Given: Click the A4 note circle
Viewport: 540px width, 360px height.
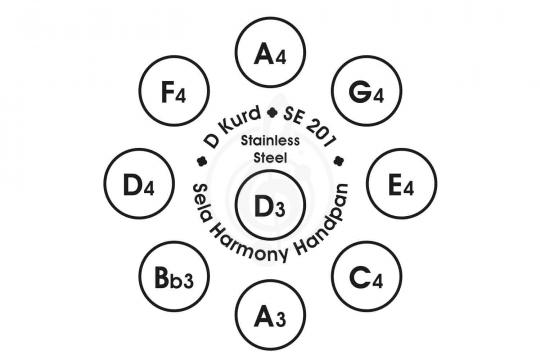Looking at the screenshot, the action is click(271, 52).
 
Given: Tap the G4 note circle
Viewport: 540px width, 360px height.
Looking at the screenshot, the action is click(367, 91).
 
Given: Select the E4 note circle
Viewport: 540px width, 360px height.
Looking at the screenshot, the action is click(402, 184).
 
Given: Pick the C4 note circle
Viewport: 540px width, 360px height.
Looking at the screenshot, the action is click(367, 276).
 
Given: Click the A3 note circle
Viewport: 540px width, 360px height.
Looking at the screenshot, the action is click(271, 315).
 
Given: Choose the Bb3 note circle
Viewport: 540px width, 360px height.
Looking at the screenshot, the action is click(174, 276).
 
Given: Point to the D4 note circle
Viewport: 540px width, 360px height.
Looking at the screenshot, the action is click(139, 184).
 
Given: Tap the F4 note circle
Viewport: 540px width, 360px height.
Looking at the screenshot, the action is click(174, 91).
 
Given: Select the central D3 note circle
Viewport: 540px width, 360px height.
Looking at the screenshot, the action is click(271, 205).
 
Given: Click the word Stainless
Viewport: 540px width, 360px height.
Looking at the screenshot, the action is click(270, 141).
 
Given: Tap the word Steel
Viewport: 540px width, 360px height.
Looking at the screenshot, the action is click(270, 158).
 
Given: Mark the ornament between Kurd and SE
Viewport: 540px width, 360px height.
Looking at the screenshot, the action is click(273, 112).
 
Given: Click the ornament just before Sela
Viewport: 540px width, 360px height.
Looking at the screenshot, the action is click(201, 161).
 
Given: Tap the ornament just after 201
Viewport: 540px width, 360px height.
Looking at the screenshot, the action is click(339, 161).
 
